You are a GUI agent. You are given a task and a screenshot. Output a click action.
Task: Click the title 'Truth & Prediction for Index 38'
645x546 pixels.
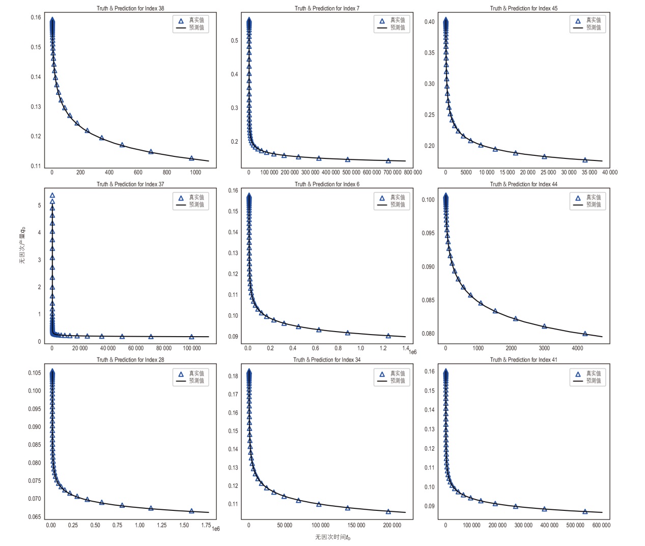pyautogui.click(x=130, y=8)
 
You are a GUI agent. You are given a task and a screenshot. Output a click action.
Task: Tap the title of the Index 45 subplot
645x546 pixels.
pyautogui.click(x=523, y=8)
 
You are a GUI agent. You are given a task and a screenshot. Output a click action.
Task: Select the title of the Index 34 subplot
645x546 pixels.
pyautogui.click(x=327, y=360)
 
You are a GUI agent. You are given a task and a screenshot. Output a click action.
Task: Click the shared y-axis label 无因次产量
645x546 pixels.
pyautogui.click(x=22, y=244)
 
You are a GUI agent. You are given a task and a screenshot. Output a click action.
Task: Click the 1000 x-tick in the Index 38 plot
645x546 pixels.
pyautogui.click(x=195, y=173)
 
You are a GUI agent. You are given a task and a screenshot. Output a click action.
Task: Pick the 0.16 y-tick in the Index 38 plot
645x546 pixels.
pyautogui.click(x=36, y=17)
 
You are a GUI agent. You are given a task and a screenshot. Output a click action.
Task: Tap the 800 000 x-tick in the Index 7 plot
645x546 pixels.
pyautogui.click(x=413, y=173)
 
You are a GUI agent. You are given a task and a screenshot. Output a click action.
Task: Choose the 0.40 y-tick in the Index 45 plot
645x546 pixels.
pyautogui.click(x=430, y=22)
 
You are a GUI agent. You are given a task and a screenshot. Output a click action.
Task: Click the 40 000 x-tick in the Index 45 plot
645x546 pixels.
pyautogui.click(x=609, y=173)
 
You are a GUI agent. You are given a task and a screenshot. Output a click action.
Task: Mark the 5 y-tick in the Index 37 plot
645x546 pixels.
pyautogui.click(x=39, y=205)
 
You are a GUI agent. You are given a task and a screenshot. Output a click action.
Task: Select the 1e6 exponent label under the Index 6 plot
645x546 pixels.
pyautogui.click(x=412, y=352)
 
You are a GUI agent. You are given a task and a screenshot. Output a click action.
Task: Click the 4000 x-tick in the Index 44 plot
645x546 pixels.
pyautogui.click(x=577, y=348)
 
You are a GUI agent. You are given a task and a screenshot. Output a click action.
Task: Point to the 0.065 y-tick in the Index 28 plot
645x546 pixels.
pyautogui.click(x=35, y=517)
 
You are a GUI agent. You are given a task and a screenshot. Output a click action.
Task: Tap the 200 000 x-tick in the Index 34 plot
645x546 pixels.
pyautogui.click(x=392, y=525)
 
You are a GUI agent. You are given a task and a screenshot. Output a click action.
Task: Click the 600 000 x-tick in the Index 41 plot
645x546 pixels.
pyautogui.click(x=601, y=525)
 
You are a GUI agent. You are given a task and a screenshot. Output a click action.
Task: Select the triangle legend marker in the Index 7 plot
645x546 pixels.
pyautogui.click(x=382, y=21)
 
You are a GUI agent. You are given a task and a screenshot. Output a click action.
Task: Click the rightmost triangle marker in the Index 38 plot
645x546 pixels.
pyautogui.click(x=192, y=158)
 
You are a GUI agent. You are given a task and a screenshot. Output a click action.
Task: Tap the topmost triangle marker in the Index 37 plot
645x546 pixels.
pyautogui.click(x=52, y=196)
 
